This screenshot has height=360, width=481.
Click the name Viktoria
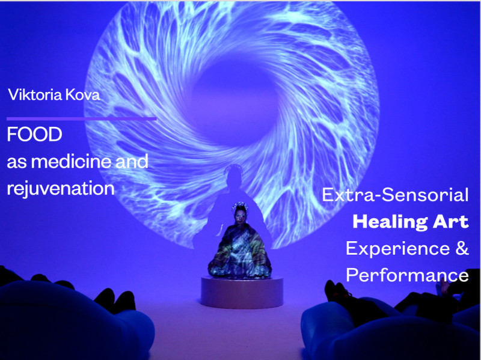point(31,94)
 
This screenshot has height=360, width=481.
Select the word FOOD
point(34,135)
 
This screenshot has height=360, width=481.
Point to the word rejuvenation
point(61,188)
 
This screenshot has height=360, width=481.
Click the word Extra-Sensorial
point(395,195)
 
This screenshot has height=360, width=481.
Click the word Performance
point(407,275)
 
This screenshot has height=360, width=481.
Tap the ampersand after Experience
point(462,248)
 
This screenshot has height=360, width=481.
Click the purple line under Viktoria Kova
point(81,118)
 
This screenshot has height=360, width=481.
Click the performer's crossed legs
point(240,267)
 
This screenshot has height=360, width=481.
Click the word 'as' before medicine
point(17,162)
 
